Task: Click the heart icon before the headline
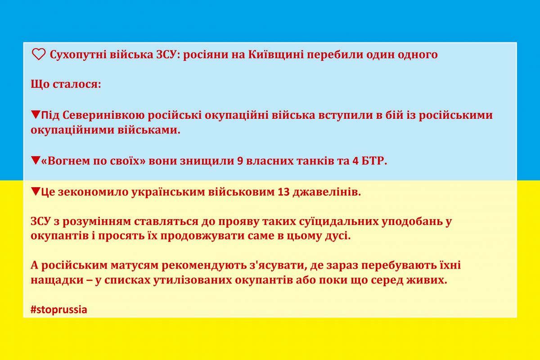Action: [x=39, y=55]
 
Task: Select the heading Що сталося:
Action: [x=66, y=85]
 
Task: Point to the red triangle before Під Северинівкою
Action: [x=36, y=115]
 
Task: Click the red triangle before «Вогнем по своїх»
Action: [x=36, y=161]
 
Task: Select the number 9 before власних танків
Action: [x=239, y=162]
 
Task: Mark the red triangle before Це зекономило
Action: [x=36, y=192]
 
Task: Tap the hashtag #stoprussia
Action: [x=58, y=310]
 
